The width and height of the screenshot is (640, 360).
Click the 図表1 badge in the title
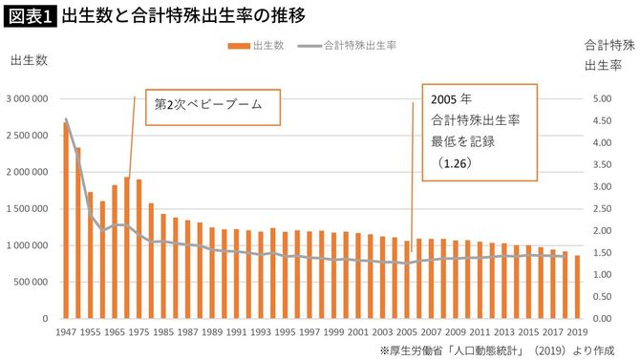29,16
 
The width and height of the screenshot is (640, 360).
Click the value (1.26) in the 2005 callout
455,163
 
